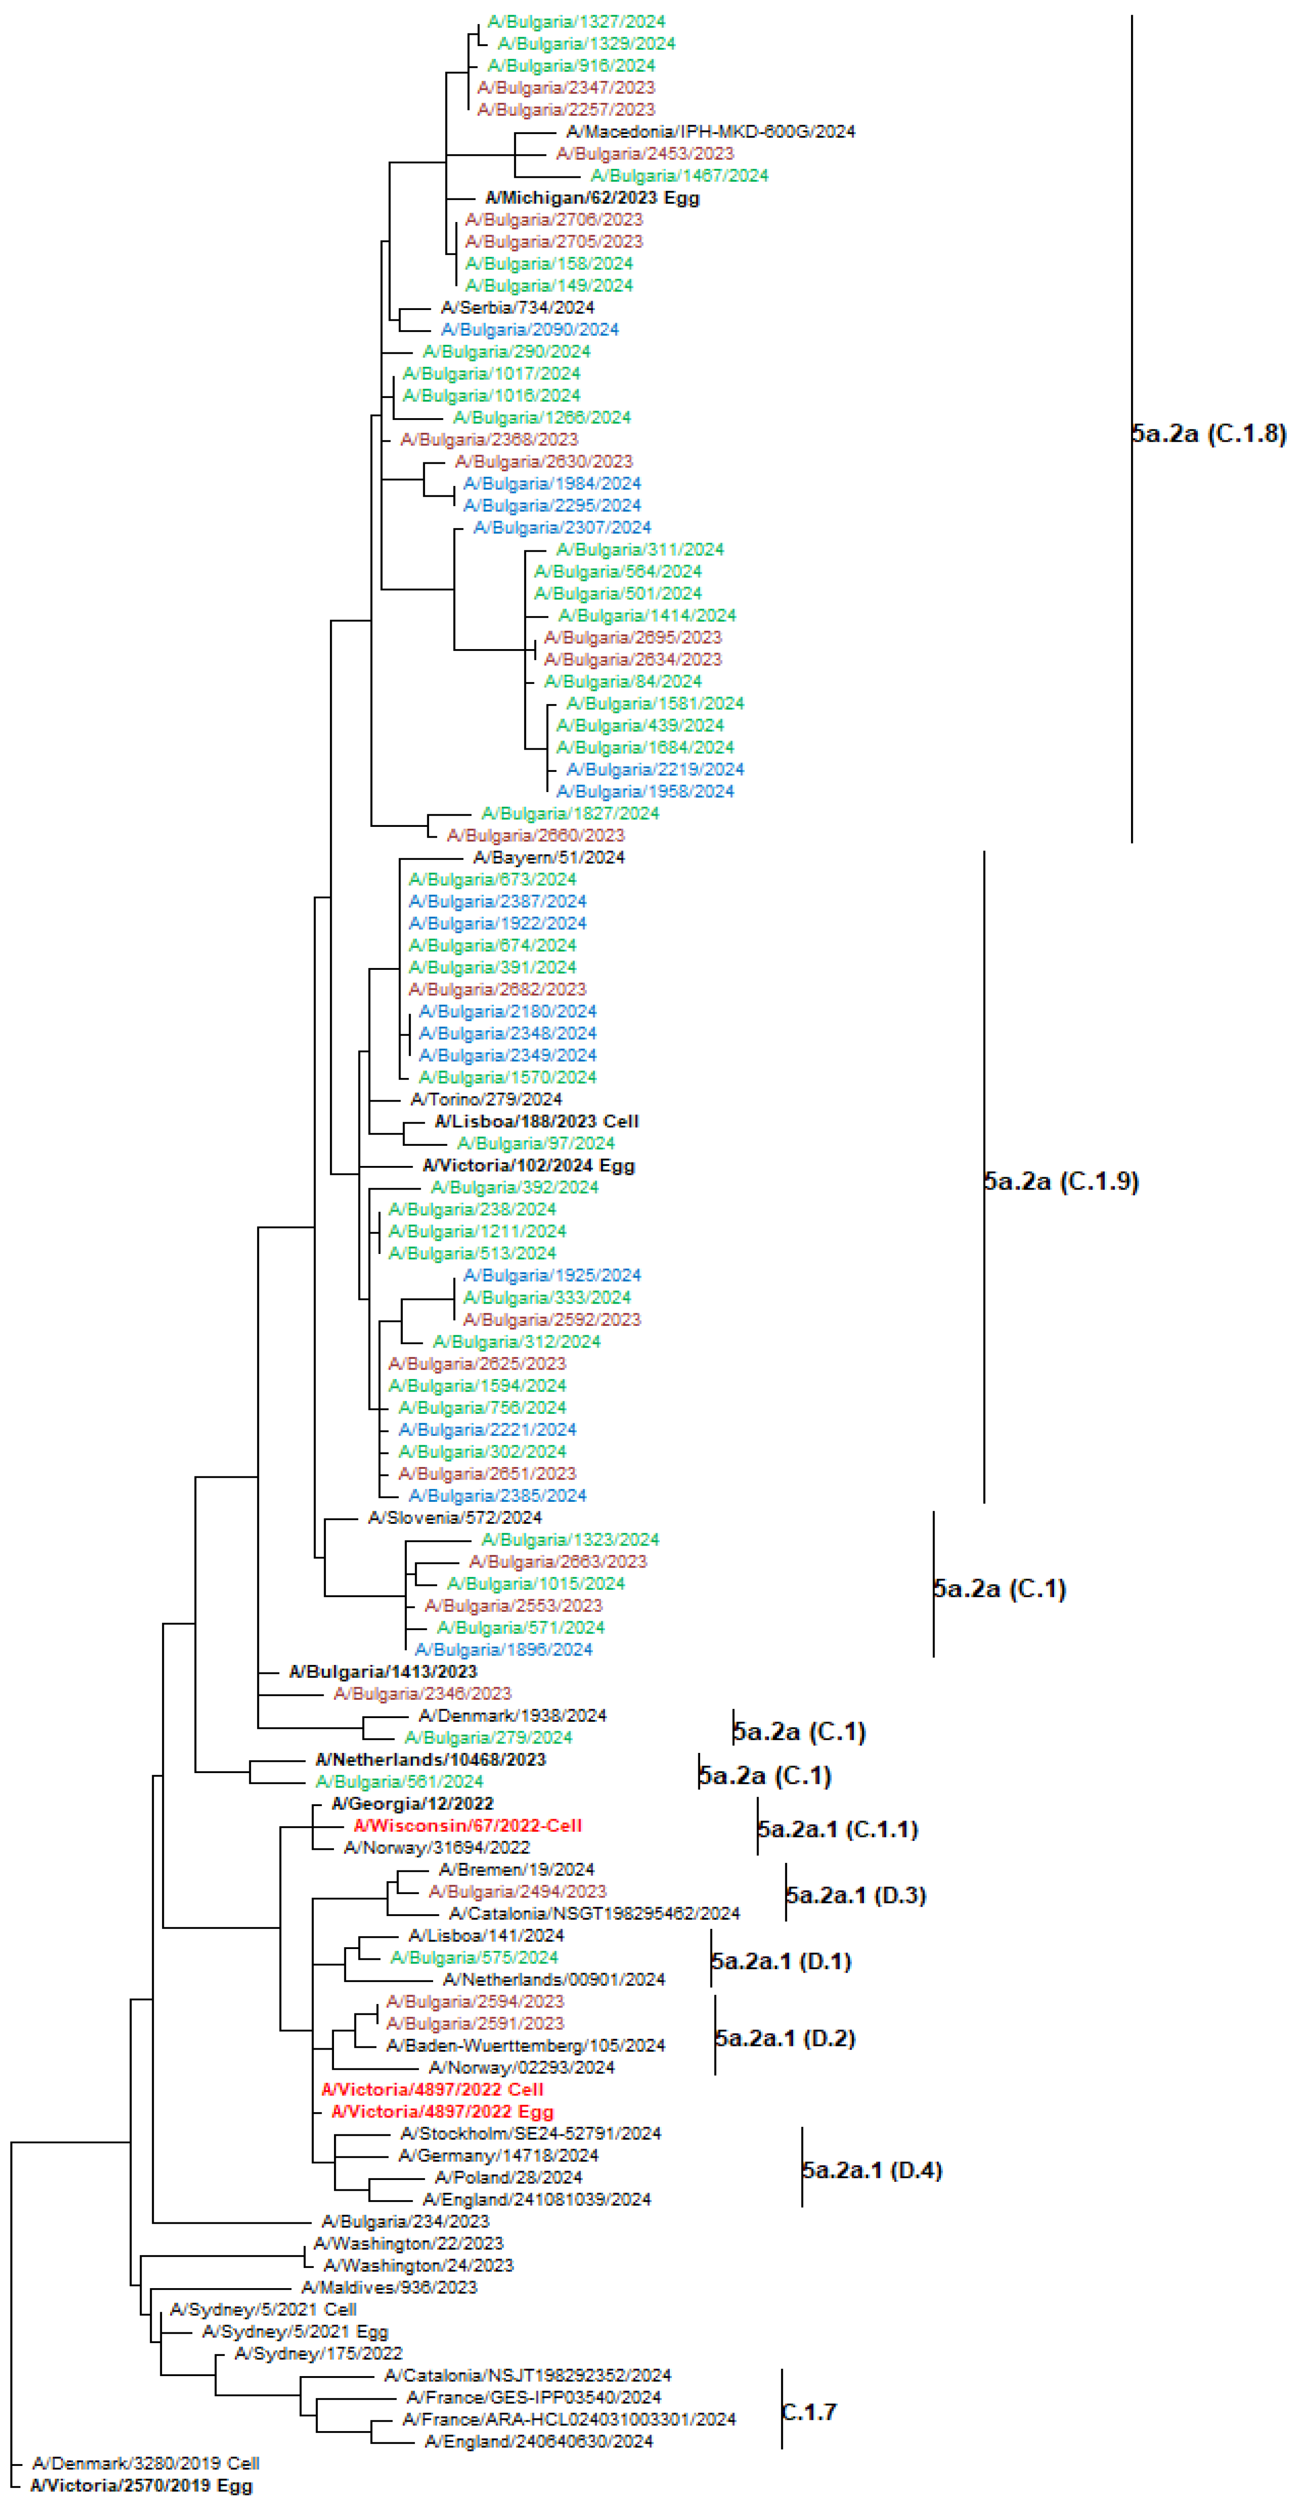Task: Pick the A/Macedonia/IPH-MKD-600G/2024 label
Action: coord(710,131)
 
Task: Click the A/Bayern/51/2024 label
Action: coord(549,857)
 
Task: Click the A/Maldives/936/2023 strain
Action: coord(389,2287)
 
